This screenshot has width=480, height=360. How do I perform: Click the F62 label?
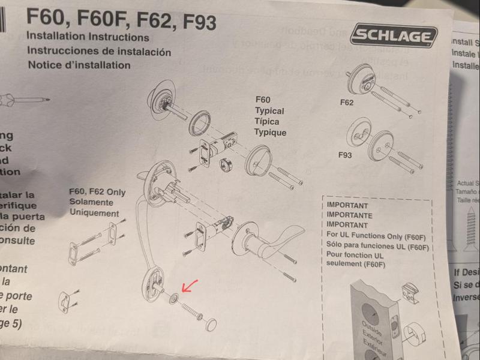click(346, 103)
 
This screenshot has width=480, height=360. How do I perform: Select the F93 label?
click(345, 155)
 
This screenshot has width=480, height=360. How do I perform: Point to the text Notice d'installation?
click(79, 65)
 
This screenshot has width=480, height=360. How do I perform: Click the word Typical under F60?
click(269, 111)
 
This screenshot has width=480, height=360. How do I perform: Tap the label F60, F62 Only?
click(98, 192)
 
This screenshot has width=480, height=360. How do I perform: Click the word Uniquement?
click(94, 213)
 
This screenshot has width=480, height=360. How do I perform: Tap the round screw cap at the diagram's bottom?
click(210, 325)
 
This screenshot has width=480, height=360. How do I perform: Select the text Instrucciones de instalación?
click(99, 51)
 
